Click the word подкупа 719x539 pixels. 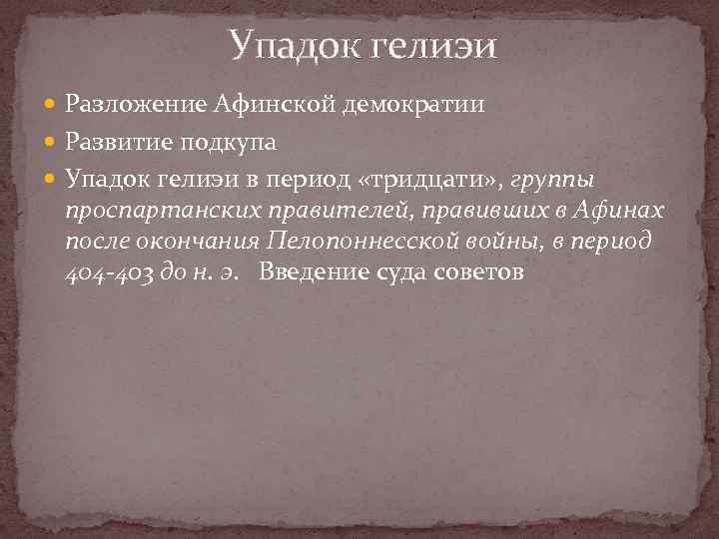coord(228,142)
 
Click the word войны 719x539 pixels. coord(494,244)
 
